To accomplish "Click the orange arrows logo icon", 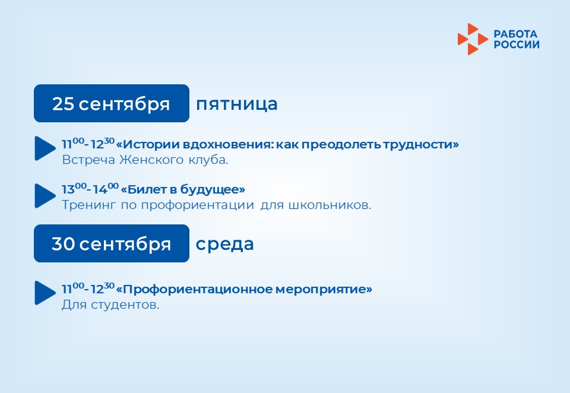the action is click(x=473, y=39).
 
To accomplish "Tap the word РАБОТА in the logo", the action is click(x=515, y=34).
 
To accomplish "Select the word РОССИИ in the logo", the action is click(x=517, y=45).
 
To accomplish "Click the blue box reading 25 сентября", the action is click(x=112, y=103).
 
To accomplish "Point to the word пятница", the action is click(x=237, y=104).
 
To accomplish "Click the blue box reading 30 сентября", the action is click(x=112, y=243).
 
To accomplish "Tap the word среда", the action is click(x=224, y=245).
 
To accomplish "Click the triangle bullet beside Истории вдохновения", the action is click(x=45, y=148).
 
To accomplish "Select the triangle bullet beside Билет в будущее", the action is click(x=45, y=195).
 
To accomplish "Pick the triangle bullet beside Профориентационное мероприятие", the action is click(x=45, y=293).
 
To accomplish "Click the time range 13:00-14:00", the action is click(x=90, y=189).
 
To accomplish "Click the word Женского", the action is click(x=151, y=160).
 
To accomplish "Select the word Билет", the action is click(x=148, y=189).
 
